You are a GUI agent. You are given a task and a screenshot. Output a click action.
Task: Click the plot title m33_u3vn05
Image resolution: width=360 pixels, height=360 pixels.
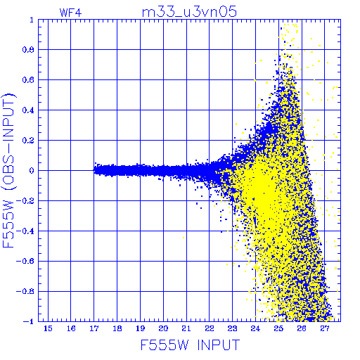[x=189, y=12]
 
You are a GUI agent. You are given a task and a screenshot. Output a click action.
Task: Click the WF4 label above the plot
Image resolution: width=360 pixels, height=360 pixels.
[x=70, y=13]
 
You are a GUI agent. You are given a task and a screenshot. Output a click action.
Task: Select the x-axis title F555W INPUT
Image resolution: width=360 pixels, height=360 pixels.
[x=190, y=345]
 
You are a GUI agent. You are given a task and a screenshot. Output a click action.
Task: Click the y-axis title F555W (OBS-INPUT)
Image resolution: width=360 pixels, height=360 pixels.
[x=8, y=170]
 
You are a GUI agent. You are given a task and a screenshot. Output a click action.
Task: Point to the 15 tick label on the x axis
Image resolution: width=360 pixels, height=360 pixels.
[x=48, y=328]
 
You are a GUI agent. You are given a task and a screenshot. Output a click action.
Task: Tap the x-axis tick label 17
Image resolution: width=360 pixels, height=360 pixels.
[x=94, y=328]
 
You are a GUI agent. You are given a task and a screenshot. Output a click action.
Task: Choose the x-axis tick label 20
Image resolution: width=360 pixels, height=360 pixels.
[x=163, y=328]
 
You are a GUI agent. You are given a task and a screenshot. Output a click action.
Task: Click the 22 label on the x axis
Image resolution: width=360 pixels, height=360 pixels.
[x=210, y=328]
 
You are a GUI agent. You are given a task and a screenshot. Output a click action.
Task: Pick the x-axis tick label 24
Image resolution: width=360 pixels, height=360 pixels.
[x=255, y=328]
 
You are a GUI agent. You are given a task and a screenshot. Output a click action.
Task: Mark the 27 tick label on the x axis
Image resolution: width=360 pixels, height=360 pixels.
[x=325, y=328]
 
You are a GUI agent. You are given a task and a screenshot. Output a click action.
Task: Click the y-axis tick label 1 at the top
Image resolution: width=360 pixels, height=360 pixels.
[x=32, y=20]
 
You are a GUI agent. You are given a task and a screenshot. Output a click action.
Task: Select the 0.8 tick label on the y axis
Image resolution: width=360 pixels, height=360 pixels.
[x=28, y=50]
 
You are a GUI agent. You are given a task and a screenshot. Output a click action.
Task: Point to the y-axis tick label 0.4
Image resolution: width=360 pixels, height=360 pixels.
[x=28, y=110]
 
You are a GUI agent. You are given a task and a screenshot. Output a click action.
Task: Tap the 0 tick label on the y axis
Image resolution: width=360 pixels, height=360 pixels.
[x=32, y=171]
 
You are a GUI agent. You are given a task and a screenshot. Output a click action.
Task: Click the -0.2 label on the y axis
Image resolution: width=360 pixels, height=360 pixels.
[x=25, y=201]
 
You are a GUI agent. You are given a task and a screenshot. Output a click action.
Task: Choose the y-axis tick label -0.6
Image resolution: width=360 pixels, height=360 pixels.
[x=25, y=261]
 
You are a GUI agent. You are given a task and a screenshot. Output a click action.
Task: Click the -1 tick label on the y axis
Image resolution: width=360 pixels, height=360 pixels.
[x=29, y=321]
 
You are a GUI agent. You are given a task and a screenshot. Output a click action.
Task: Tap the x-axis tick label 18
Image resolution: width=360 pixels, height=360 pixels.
[x=117, y=328]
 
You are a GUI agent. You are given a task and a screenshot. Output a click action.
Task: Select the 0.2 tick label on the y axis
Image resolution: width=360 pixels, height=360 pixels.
[x=28, y=141]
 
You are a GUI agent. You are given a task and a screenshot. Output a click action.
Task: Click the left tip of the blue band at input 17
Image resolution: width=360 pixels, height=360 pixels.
[x=94, y=170]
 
